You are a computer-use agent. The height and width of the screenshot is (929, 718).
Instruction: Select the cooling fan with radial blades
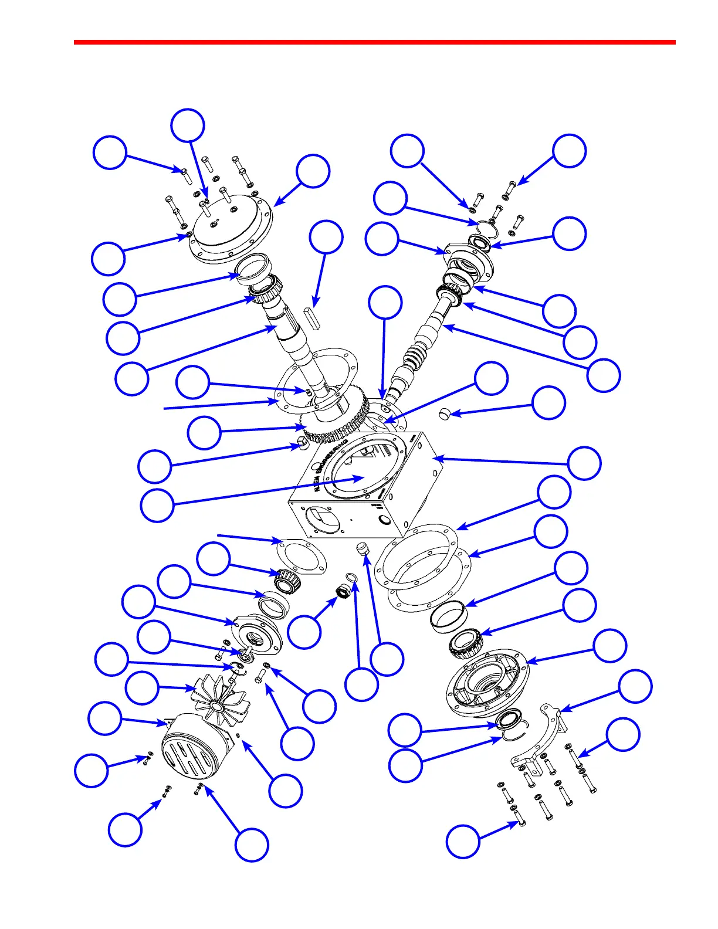coord(221,700)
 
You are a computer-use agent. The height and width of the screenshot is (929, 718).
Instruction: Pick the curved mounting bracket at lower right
coord(540,736)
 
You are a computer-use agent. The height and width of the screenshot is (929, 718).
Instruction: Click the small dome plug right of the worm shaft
coord(445,415)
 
